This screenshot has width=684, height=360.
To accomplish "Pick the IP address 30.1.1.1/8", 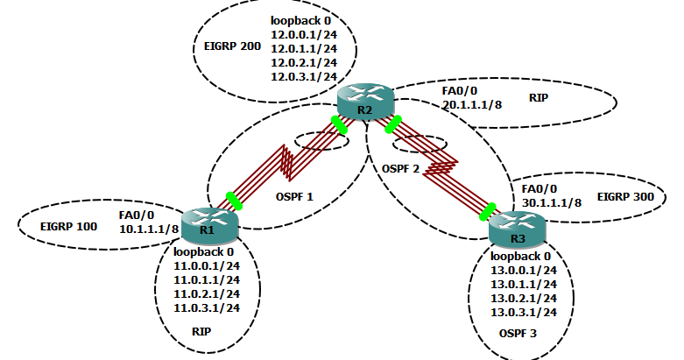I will pyautogui.click(x=551, y=202).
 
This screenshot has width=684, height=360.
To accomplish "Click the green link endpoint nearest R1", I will pyautogui.click(x=234, y=201).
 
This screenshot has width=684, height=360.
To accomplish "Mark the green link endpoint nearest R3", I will pyautogui.click(x=488, y=210).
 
